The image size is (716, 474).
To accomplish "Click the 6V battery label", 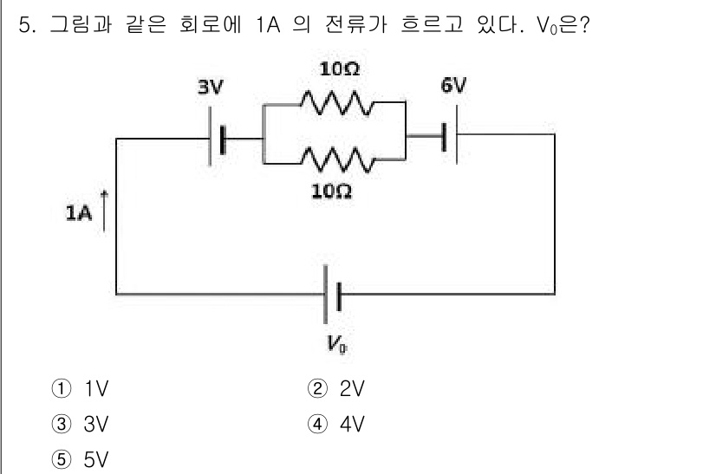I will (x=452, y=85).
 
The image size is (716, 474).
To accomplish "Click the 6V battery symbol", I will (x=449, y=136).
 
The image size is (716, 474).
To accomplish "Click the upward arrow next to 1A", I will (x=105, y=212).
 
